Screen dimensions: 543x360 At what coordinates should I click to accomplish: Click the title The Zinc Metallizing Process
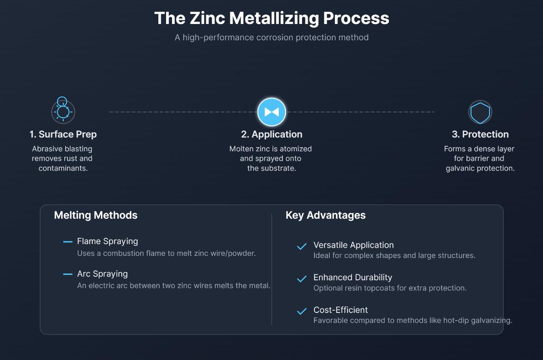click(271, 18)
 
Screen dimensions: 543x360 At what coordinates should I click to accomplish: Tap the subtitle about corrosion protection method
click(271, 37)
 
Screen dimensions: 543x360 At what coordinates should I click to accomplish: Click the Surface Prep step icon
click(63, 111)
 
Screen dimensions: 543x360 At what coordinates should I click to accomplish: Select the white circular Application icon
click(271, 112)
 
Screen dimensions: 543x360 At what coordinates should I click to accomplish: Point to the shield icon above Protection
click(480, 112)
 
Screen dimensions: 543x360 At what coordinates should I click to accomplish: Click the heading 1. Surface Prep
click(63, 134)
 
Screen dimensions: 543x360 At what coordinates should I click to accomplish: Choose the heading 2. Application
click(271, 134)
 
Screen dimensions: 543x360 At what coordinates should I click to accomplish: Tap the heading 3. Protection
click(480, 134)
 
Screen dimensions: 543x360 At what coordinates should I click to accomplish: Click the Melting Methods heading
click(95, 215)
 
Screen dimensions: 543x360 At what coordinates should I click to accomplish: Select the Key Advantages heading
click(325, 215)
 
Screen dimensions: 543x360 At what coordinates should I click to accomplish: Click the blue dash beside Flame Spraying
click(68, 242)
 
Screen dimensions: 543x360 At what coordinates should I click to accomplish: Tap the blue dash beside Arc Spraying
click(68, 274)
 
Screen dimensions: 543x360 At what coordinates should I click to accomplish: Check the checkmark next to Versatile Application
click(301, 247)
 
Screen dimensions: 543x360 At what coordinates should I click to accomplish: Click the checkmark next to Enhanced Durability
click(301, 279)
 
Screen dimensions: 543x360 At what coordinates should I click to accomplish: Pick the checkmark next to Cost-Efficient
click(301, 312)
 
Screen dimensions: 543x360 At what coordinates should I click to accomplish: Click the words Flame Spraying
click(107, 241)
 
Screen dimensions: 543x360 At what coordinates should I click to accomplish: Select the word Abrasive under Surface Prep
click(47, 149)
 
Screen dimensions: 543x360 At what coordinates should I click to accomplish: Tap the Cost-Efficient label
click(340, 310)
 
